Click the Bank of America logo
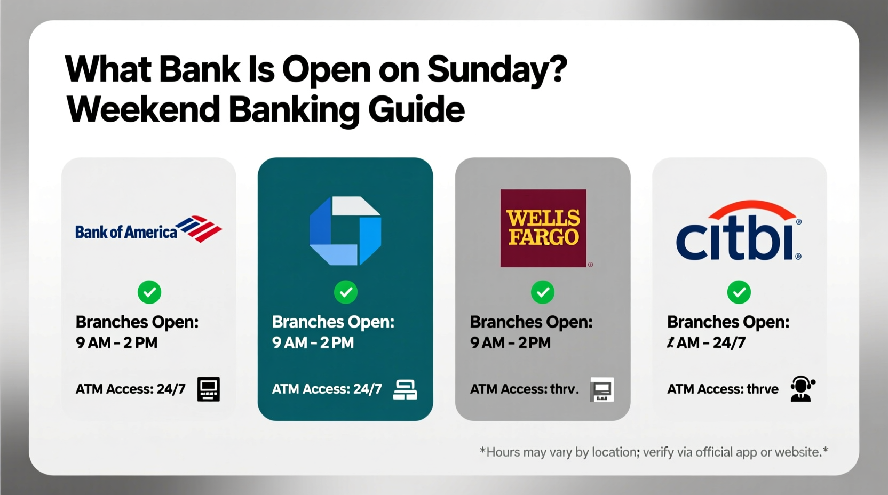click(148, 230)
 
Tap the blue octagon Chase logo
click(345, 231)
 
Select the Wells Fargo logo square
click(543, 228)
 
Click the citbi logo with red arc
click(739, 231)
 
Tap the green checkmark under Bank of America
click(149, 292)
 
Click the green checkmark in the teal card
click(346, 292)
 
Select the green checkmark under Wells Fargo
click(543, 292)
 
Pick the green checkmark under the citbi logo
click(739, 292)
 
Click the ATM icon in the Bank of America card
click(208, 389)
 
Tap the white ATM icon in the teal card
click(405, 389)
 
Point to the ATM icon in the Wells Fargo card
click(602, 390)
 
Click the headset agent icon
click(802, 389)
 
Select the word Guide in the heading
click(416, 109)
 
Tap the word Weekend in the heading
click(143, 109)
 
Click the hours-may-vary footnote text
click(654, 452)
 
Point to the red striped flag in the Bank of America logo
click(200, 228)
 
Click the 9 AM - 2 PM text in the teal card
click(313, 342)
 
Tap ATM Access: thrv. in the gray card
click(524, 389)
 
